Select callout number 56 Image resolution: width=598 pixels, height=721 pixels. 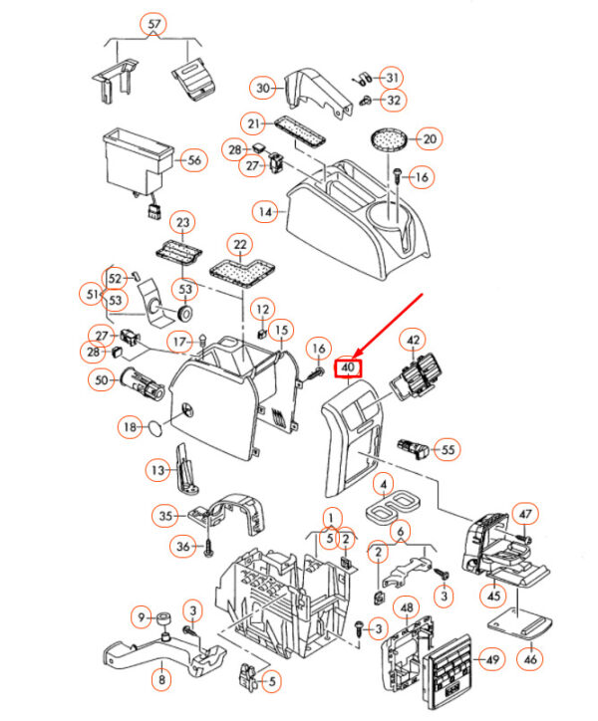pos(193,159)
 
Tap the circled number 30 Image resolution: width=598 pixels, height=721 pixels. pos(264,89)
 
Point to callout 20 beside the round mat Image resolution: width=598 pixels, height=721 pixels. pos(429,138)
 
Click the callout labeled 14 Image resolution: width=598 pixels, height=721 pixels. pos(264,211)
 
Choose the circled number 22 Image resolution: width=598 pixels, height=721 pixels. pos(239,244)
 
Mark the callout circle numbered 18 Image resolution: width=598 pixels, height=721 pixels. pos(128,427)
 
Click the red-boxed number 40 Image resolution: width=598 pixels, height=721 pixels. pos(349,367)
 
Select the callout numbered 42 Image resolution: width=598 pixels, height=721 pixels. pos(413,342)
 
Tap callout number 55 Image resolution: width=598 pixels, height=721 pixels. pos(448,450)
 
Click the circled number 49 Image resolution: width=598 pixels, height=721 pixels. pos(490,659)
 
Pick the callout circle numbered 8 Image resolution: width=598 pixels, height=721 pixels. pos(159,680)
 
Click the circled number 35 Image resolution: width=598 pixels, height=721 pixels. pos(165,515)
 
